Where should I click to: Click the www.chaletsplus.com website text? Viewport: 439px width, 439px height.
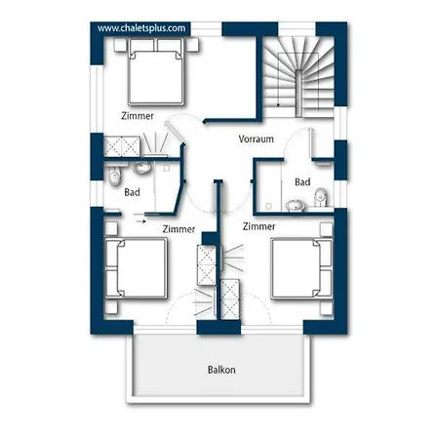[x=141, y=28]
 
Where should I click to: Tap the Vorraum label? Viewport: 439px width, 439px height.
[x=256, y=140]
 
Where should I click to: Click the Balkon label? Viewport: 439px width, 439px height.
[x=221, y=370]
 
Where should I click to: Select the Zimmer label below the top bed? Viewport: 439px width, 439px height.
[x=138, y=116]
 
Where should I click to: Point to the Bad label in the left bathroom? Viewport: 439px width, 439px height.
[x=132, y=192]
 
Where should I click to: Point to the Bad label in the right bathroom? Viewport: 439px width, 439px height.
[x=302, y=181]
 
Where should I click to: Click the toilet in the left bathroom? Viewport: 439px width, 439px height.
[x=114, y=176]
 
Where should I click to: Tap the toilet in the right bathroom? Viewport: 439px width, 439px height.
[x=321, y=197]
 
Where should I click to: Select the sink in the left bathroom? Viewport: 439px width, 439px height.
[x=141, y=168]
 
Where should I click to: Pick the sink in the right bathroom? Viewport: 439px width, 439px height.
[x=296, y=206]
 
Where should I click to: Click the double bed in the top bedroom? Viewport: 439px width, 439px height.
[x=156, y=72]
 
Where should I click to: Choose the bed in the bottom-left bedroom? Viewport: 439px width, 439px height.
[x=136, y=268]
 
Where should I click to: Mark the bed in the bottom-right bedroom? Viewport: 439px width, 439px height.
[x=301, y=268]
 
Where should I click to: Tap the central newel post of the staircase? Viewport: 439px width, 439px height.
[x=299, y=93]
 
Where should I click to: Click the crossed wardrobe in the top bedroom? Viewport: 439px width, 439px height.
[x=122, y=146]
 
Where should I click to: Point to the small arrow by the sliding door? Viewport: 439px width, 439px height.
[x=140, y=221]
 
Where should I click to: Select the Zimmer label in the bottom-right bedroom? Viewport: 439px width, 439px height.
[x=259, y=226]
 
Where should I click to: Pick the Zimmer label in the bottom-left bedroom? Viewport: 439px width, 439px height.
[x=179, y=229]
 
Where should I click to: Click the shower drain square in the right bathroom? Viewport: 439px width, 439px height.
[x=268, y=206]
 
